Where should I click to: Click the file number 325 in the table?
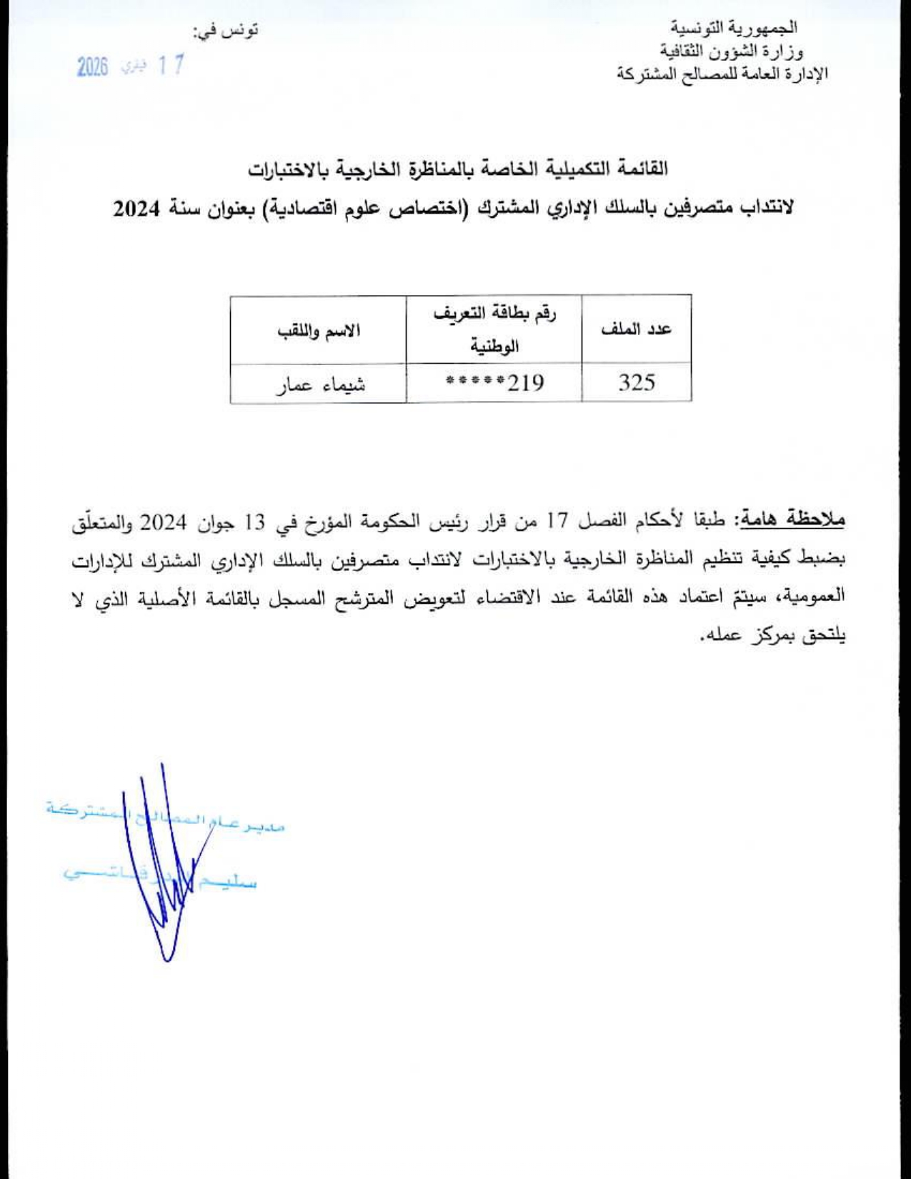(x=637, y=383)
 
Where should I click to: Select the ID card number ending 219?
(x=494, y=383)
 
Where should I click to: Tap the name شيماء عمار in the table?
(x=321, y=384)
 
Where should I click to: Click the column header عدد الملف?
(x=637, y=329)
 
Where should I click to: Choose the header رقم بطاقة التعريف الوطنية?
(x=494, y=330)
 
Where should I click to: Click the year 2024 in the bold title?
(x=139, y=209)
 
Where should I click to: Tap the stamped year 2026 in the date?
(x=92, y=68)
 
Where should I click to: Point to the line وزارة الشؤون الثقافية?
(x=730, y=51)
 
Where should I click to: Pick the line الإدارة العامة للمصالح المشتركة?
(x=722, y=74)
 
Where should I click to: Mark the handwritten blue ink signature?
(x=163, y=879)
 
